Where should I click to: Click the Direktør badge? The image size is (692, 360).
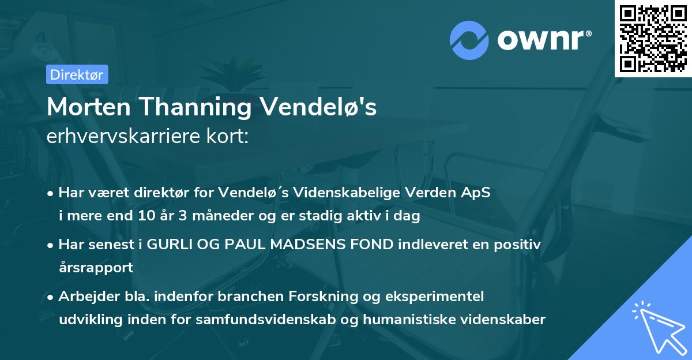coord(77,74)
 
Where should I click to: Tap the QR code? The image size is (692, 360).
coord(653,39)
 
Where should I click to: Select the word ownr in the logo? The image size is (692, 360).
coord(544,41)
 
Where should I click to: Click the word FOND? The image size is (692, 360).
coord(375,244)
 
